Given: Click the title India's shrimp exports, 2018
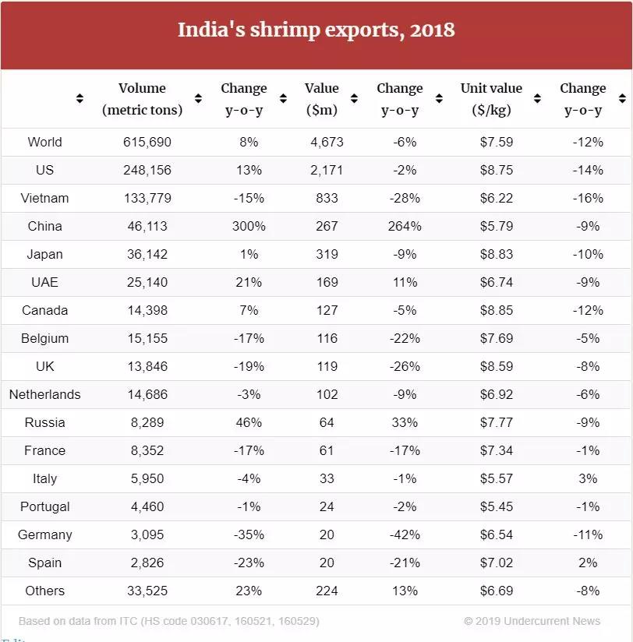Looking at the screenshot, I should [316, 30].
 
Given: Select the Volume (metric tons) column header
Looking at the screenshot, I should [142, 99].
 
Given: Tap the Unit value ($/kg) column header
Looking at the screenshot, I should [491, 99].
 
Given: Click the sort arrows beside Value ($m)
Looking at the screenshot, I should [355, 99].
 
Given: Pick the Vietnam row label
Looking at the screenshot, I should [44, 198].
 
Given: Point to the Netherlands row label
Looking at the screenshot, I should [44, 394].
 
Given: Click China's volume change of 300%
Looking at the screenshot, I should [249, 226].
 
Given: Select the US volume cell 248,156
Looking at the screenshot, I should [147, 170].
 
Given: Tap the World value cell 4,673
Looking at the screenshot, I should [327, 142].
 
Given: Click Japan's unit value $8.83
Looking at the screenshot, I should [497, 254].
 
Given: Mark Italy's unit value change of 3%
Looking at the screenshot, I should [588, 478].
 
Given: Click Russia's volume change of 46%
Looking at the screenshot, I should [249, 422].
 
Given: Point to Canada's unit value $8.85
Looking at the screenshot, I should [497, 310].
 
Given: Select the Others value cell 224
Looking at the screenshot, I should [327, 591].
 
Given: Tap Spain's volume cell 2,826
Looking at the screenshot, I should [147, 563].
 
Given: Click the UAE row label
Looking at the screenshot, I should [44, 282].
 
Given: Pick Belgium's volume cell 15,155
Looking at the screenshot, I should [147, 338].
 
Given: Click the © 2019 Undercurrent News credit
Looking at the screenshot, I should [532, 621].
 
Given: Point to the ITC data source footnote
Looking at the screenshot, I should [169, 621].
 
